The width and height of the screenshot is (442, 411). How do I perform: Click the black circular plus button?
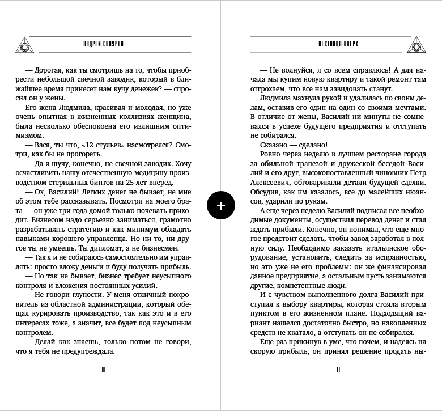[221, 205]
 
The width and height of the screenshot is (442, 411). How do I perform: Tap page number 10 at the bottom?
[103, 370]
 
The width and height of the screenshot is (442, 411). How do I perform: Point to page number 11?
[338, 370]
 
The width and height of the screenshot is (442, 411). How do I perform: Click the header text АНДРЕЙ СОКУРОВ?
[103, 44]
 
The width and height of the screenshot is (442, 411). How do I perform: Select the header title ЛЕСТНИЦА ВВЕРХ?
[338, 44]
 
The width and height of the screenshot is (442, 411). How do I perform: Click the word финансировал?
[399, 266]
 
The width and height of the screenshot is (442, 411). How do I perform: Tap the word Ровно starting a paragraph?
[271, 154]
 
